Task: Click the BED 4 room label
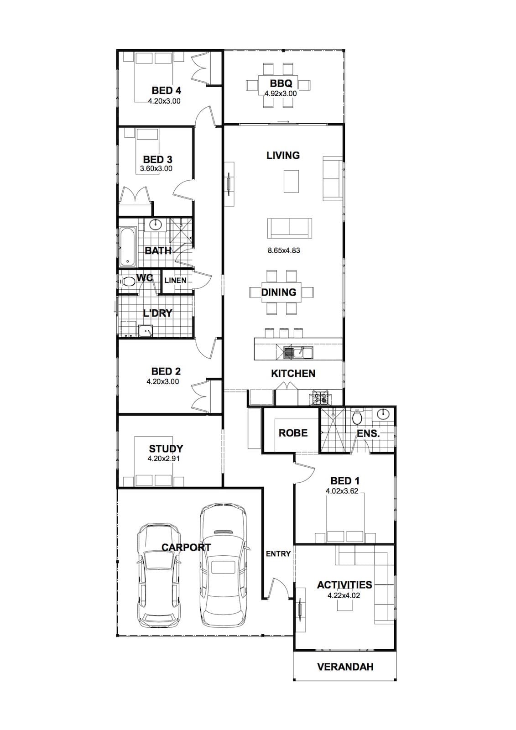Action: click(166, 90)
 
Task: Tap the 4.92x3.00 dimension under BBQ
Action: click(280, 94)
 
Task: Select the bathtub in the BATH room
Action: click(127, 247)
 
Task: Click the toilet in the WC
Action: click(128, 282)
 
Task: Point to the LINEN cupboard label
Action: click(175, 280)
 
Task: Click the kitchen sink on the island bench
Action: click(298, 352)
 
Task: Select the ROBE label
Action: click(293, 433)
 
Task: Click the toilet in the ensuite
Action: click(357, 417)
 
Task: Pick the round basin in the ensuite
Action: click(383, 414)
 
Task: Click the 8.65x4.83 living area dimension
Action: click(284, 250)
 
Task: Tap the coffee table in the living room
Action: click(291, 181)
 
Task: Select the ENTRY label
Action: click(278, 554)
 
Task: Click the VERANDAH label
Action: click(345, 667)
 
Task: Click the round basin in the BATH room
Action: click(156, 224)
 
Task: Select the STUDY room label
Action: click(166, 449)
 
